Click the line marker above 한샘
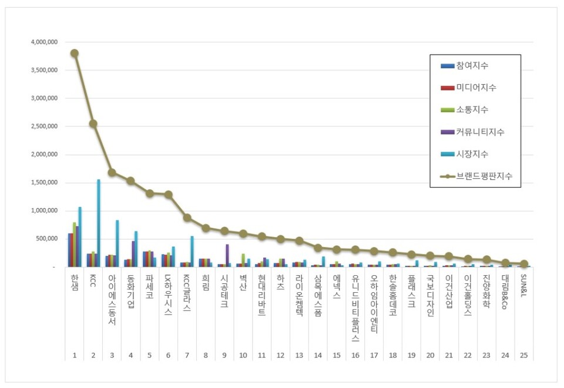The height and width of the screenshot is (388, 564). click(75, 53)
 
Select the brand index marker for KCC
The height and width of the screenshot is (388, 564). click(93, 123)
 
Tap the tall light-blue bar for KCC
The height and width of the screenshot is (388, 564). click(99, 223)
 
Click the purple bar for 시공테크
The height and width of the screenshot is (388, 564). click(227, 256)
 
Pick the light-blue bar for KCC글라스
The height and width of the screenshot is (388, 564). click(192, 252)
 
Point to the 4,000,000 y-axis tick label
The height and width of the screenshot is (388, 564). click(45, 42)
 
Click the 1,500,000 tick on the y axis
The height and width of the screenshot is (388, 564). click(45, 183)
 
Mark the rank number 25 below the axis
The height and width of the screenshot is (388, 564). click(523, 356)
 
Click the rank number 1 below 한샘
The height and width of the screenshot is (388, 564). click(75, 356)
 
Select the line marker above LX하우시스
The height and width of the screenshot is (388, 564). click(168, 195)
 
